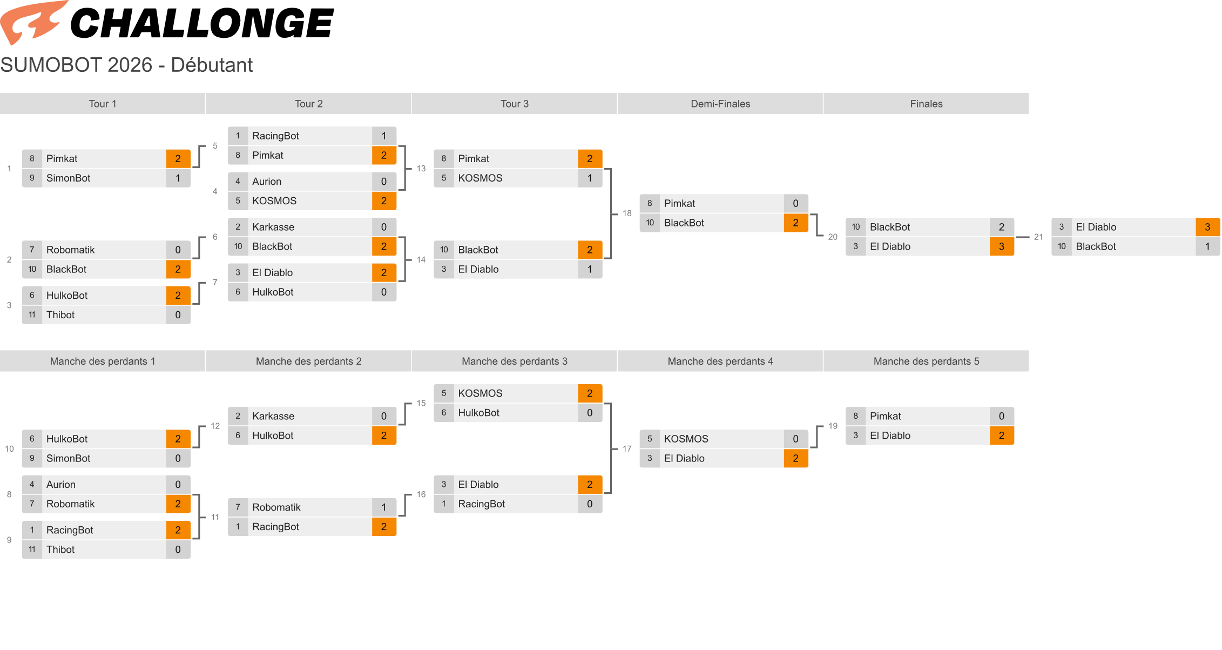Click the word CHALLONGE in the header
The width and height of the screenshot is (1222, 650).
coord(202,24)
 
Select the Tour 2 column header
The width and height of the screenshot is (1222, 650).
coord(308,104)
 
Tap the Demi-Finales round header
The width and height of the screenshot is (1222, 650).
coord(720,104)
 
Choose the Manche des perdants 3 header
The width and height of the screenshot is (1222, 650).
coord(514,361)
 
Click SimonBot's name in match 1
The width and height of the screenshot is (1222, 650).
coord(69,178)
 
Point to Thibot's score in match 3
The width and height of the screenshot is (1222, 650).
coord(178,315)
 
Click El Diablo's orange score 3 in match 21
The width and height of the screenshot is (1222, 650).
coord(1208,227)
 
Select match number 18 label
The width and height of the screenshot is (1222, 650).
coord(627,213)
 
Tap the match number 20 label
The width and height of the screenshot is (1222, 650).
coord(833,237)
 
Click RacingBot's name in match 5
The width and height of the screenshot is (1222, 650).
coord(275,136)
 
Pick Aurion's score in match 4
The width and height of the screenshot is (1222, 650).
coord(384,182)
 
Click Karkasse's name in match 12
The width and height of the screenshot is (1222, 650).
coord(273,417)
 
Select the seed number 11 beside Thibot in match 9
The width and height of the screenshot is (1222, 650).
coord(32,550)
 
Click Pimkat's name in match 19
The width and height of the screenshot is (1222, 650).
coord(885,417)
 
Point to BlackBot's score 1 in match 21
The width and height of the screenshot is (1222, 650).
coord(1208,247)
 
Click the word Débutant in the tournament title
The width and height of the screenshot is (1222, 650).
coord(212,65)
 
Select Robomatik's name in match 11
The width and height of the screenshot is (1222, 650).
coord(276,507)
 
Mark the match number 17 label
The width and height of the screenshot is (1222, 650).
coord(627,449)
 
